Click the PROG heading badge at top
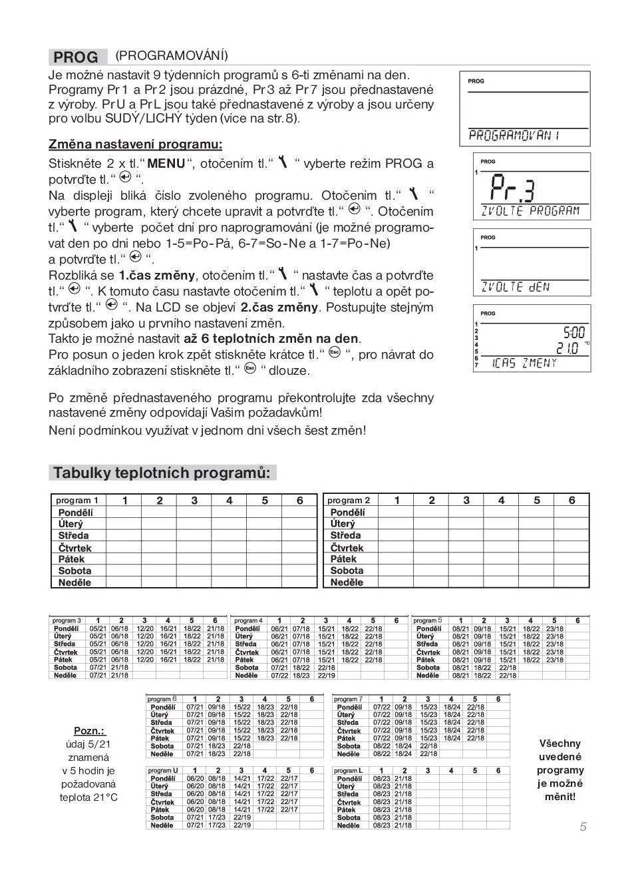point(77,57)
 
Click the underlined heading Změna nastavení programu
point(135,144)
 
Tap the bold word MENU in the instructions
point(166,164)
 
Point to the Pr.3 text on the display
point(512,190)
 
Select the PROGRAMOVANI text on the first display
point(514,136)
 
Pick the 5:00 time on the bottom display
point(573,332)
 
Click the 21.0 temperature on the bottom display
point(567,347)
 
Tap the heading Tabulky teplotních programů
point(162,473)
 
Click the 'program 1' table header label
point(77,501)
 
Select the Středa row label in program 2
point(345,535)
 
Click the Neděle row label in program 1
point(75,582)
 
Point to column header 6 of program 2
point(571,501)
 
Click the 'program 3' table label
point(67,620)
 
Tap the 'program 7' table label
point(349,699)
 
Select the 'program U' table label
point(163,770)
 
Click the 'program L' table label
point(349,770)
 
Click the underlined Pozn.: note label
point(89,731)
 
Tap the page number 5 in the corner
point(583,827)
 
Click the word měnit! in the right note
point(560,796)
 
